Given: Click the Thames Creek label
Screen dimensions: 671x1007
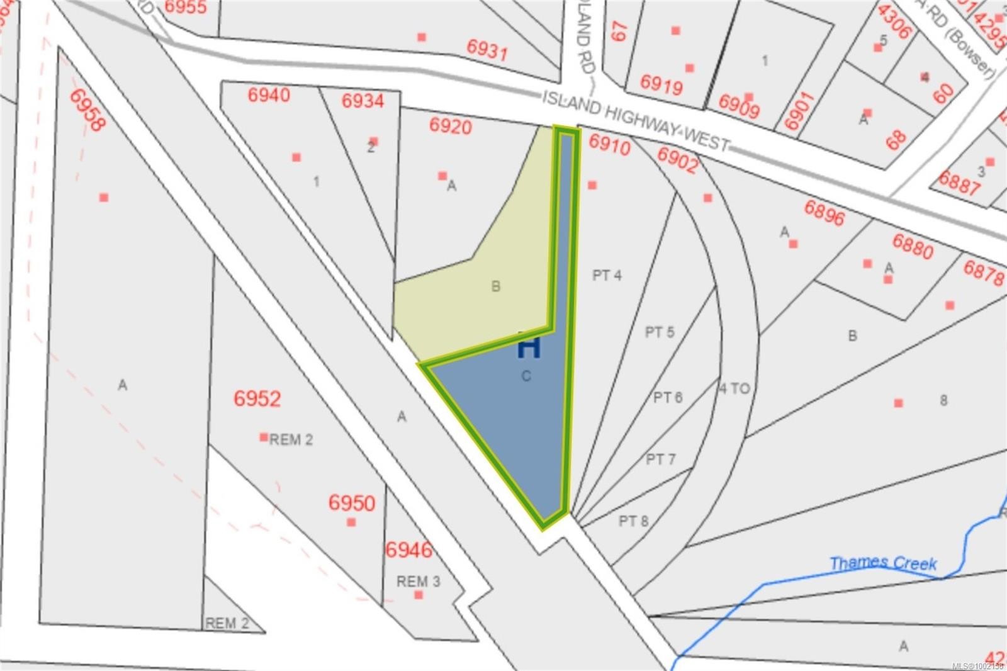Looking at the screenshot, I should point(882,563).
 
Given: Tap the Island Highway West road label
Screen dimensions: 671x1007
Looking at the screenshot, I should point(636,121).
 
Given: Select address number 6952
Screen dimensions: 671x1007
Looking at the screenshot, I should point(257,398).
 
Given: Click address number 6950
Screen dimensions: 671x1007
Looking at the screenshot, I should point(352,503).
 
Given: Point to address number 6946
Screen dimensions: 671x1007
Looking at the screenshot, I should point(409,550).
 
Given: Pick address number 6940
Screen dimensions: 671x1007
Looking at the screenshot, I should point(269,95).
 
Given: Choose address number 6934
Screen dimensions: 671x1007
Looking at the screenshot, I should point(363,101).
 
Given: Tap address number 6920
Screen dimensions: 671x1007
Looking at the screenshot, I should point(451,126).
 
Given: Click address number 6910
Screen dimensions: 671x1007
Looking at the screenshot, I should point(609,145).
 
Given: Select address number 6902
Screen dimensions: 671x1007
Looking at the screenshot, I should point(677,160).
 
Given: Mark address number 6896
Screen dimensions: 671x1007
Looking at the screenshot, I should point(824,213).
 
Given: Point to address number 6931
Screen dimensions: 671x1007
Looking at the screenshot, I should point(487,49).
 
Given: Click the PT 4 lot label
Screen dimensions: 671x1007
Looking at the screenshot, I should point(607,275).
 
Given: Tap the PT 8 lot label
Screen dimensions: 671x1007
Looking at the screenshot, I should point(633,521).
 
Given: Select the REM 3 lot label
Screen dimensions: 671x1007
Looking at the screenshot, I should point(419,581).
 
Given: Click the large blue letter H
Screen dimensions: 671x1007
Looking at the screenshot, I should point(529,347).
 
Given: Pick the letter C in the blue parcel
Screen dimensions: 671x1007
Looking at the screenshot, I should point(526,376).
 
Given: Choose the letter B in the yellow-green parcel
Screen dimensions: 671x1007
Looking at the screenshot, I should point(496,287).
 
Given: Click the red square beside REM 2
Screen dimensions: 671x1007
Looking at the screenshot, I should point(264,437).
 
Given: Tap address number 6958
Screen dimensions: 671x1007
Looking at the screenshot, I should point(86,110).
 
